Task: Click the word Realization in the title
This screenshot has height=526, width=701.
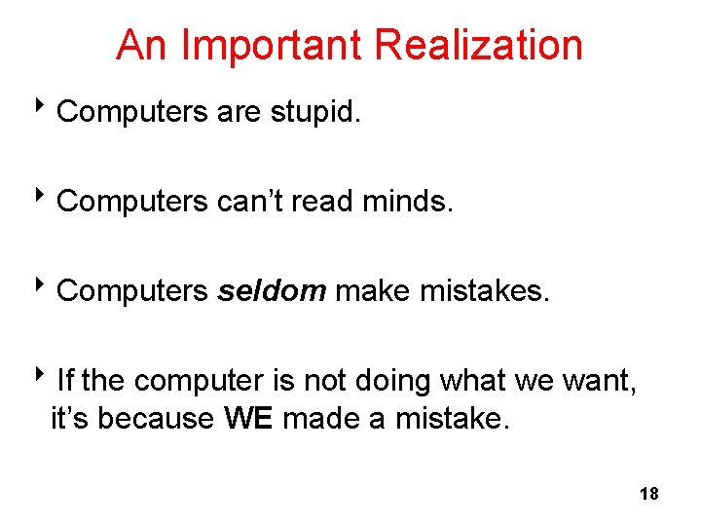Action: (x=478, y=46)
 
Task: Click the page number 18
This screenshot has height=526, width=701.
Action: (x=649, y=494)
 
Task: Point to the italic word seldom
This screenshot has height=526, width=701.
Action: (x=272, y=291)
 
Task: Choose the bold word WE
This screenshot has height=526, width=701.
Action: (x=250, y=418)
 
